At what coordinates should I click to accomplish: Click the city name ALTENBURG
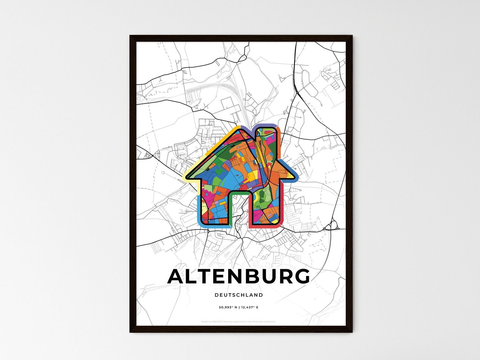click(x=239, y=277)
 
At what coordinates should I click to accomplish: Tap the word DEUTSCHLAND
click(x=239, y=295)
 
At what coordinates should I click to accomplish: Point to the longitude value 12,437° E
click(x=249, y=308)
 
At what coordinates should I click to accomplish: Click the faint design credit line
click(x=239, y=321)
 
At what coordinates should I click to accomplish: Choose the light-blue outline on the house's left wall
click(x=198, y=209)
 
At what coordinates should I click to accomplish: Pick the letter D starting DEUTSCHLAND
click(x=217, y=295)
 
